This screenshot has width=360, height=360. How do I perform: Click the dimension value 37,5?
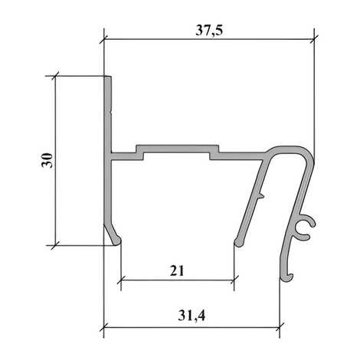[209, 31]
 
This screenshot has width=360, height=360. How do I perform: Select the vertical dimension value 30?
[47, 160]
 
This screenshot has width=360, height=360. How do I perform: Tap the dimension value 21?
[177, 271]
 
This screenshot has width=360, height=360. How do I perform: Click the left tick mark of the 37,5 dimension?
[104, 39]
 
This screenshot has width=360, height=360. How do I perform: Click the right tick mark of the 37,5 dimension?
[314, 39]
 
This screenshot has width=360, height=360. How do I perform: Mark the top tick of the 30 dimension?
[55, 76]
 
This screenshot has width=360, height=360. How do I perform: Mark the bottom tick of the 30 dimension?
[55, 245]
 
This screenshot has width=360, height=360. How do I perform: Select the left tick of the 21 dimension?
[121, 280]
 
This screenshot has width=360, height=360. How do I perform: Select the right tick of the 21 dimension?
[234, 280]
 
